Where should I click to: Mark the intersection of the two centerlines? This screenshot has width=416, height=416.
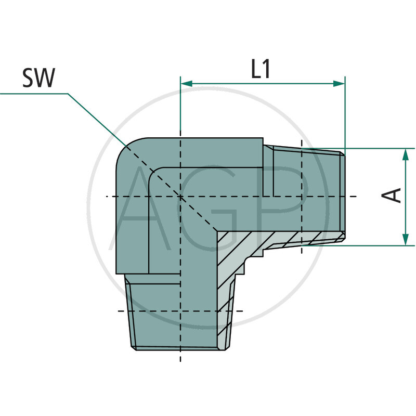click(x=180, y=197)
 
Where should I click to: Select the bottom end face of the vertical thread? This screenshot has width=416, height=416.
click(x=179, y=348)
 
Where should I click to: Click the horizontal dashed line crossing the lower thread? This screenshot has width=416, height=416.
click(x=156, y=311)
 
